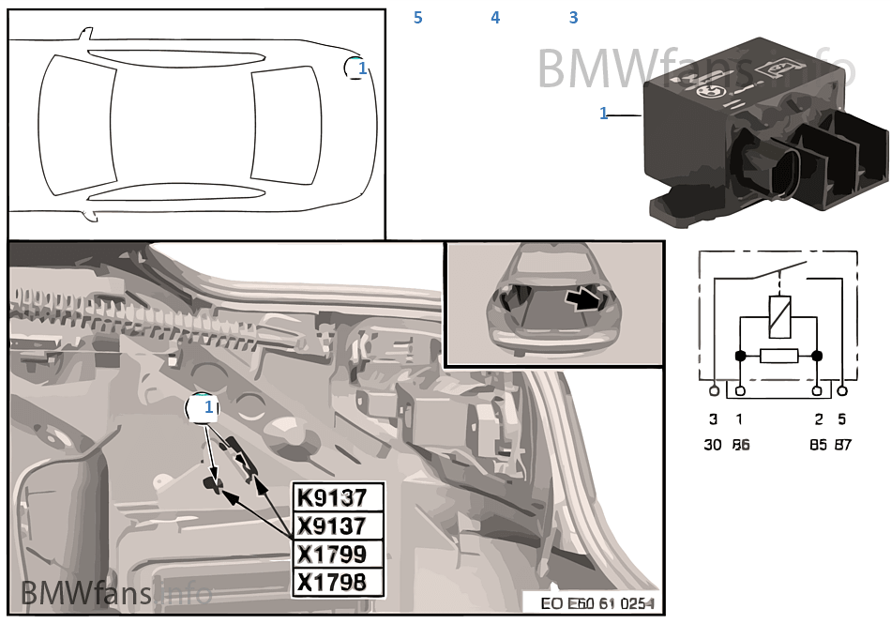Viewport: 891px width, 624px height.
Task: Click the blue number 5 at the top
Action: [418, 18]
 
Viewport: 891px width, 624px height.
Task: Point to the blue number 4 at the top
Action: [495, 18]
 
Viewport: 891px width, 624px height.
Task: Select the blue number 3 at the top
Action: [573, 18]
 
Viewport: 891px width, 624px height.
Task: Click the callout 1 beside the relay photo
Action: [604, 114]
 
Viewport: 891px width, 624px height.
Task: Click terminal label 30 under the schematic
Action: [713, 445]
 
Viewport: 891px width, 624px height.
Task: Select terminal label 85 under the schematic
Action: [818, 445]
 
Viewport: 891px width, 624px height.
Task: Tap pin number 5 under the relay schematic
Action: [842, 419]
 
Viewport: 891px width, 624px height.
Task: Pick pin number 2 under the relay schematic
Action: [818, 419]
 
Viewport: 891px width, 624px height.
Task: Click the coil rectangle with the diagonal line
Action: [778, 315]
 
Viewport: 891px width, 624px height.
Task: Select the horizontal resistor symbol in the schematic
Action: [778, 356]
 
